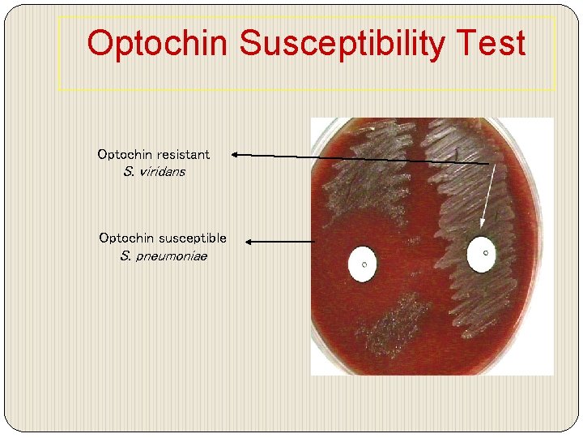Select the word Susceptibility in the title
point(341,44)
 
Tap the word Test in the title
point(491,44)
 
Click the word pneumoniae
point(172,256)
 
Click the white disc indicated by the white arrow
point(482,254)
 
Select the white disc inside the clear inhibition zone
point(363,264)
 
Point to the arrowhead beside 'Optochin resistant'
point(235,152)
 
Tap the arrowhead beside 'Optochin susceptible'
point(249,241)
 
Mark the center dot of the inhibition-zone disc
point(364,263)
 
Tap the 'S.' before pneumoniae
point(126,256)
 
